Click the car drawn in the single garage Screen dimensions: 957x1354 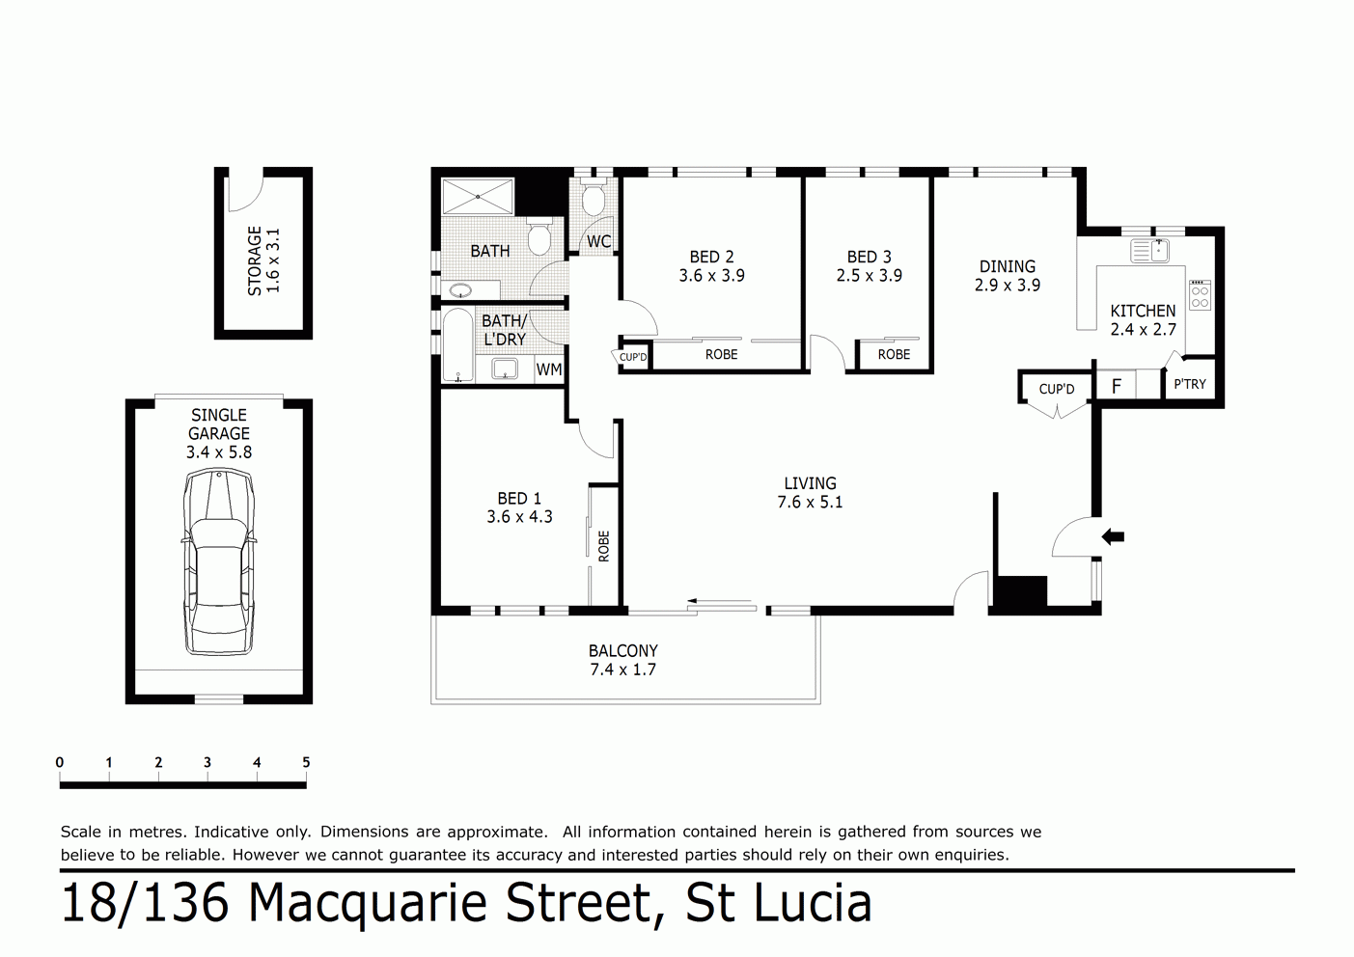(219, 562)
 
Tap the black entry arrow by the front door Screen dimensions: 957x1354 (1114, 536)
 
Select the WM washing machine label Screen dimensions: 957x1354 (548, 369)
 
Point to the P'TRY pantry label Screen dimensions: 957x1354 (1189, 384)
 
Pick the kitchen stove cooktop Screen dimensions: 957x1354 (1200, 295)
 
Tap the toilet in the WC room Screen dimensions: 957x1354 (594, 199)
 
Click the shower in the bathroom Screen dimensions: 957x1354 (479, 197)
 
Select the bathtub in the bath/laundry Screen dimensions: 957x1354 (457, 345)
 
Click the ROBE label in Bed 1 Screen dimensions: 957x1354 (604, 546)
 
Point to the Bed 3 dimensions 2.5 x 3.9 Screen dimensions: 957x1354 (869, 276)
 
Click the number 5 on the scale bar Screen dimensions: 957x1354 (306, 762)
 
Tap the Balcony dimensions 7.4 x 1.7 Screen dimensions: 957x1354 (622, 670)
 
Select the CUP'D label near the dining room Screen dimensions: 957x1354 (1056, 389)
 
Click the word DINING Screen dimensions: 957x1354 (1007, 266)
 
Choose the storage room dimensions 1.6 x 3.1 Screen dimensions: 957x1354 (273, 260)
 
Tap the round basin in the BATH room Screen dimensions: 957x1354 (461, 290)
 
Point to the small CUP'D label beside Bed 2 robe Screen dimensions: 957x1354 (633, 357)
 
